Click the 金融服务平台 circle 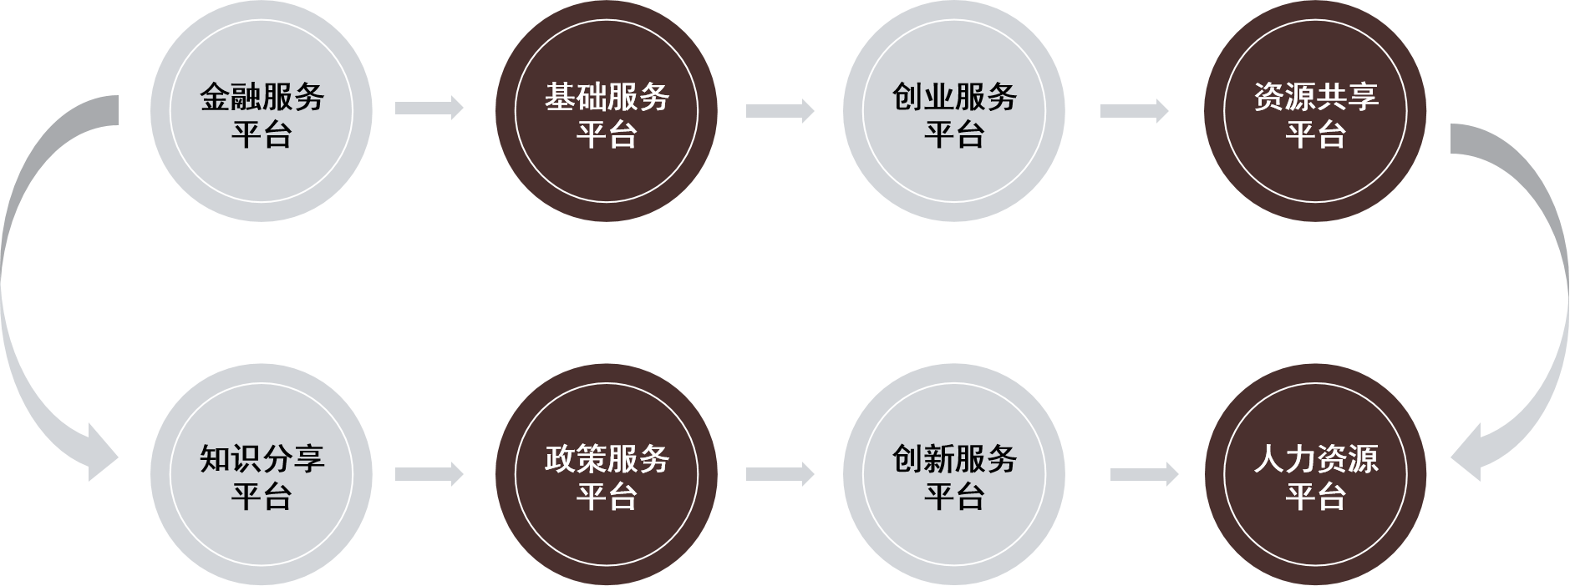tap(262, 112)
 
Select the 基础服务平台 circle tap(607, 112)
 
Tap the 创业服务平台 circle tap(953, 112)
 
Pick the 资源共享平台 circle tap(1315, 112)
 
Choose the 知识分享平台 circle tap(262, 476)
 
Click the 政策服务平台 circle tap(607, 476)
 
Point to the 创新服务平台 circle tap(953, 476)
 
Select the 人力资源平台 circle tap(1315, 476)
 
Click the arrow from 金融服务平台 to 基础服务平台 tap(429, 108)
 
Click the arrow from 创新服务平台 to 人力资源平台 tap(1144, 474)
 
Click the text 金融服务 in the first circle tap(262, 97)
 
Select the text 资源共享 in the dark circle tap(1315, 97)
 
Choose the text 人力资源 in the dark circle tap(1315, 460)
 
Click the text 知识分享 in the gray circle tap(262, 460)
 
